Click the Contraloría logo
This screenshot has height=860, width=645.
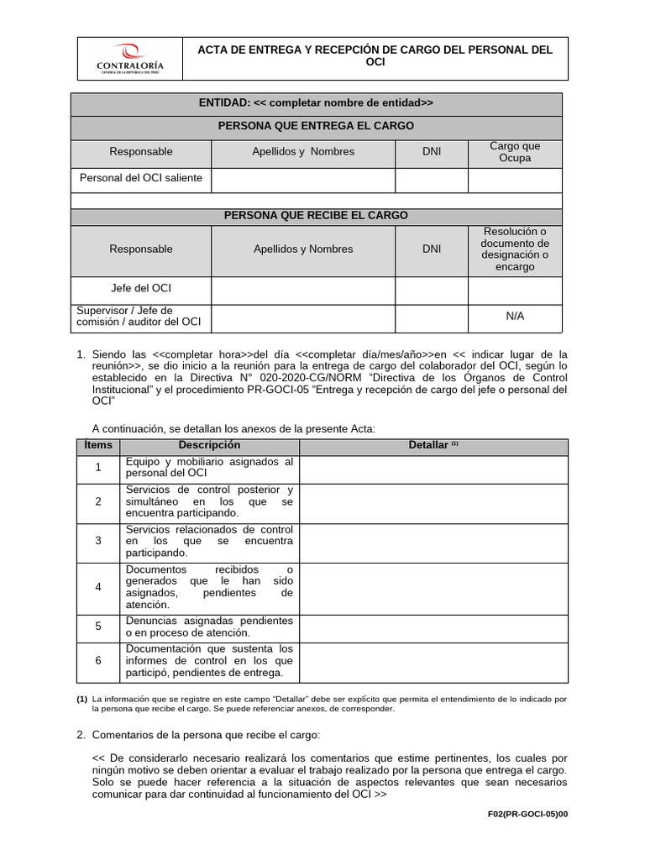130,61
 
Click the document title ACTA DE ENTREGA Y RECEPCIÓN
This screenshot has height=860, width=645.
375,56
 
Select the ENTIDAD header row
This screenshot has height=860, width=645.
316,103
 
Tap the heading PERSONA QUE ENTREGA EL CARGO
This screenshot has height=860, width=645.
316,126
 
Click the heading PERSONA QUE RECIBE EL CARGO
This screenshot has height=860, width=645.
316,216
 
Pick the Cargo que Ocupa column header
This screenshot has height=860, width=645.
515,152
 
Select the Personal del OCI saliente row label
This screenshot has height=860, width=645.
141,178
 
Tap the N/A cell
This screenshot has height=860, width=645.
515,316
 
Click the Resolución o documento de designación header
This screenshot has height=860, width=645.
515,249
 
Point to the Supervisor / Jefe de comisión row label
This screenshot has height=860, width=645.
139,316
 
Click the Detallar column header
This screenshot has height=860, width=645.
433,445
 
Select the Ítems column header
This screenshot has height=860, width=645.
98,445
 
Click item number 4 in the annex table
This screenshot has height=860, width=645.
98,587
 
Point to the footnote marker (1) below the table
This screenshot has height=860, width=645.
81,699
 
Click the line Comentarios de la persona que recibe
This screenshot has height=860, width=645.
206,735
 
